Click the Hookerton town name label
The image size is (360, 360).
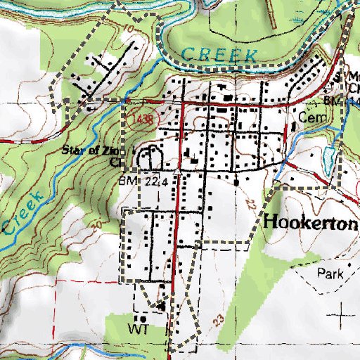(312, 221)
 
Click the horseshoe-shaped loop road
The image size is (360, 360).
(148, 158)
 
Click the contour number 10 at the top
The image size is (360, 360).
(127, 29)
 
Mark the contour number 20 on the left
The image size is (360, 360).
(96, 224)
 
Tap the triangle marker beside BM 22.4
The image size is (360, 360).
(177, 171)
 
